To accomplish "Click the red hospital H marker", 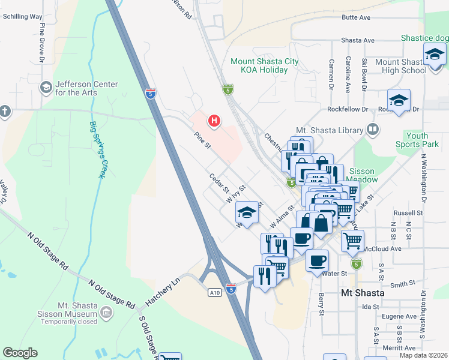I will [x=214, y=121].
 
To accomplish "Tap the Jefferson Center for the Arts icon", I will [x=46, y=88].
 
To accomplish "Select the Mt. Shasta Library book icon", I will [x=373, y=130].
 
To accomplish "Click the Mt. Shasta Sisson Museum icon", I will [x=106, y=312].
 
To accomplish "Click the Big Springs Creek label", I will [x=97, y=149].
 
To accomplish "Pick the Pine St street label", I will [x=202, y=142].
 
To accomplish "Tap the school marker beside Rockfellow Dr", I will [x=398, y=100].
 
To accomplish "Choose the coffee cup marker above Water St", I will [x=317, y=261].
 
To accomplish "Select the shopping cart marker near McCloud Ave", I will [x=352, y=241].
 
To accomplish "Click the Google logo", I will [x=20, y=353].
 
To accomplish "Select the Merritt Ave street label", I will [x=402, y=348].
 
